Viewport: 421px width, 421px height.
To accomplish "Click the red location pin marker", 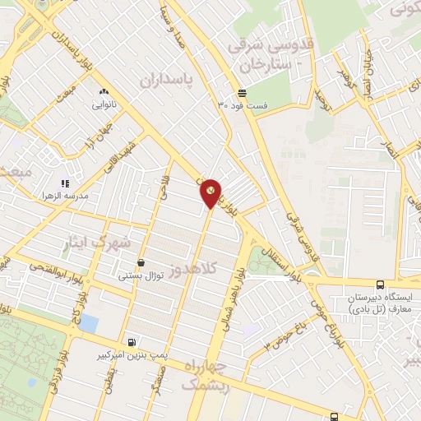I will coord(210,192).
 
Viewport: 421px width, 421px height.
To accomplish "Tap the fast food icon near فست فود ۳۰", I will coord(241,93).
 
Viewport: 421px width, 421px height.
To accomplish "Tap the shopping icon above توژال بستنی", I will coord(141,263).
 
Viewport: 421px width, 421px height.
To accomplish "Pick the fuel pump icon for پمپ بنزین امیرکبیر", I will coord(132,341).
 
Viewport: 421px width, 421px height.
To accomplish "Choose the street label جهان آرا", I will coord(97,136).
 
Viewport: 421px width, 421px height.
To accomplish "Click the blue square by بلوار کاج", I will coord(88,323).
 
